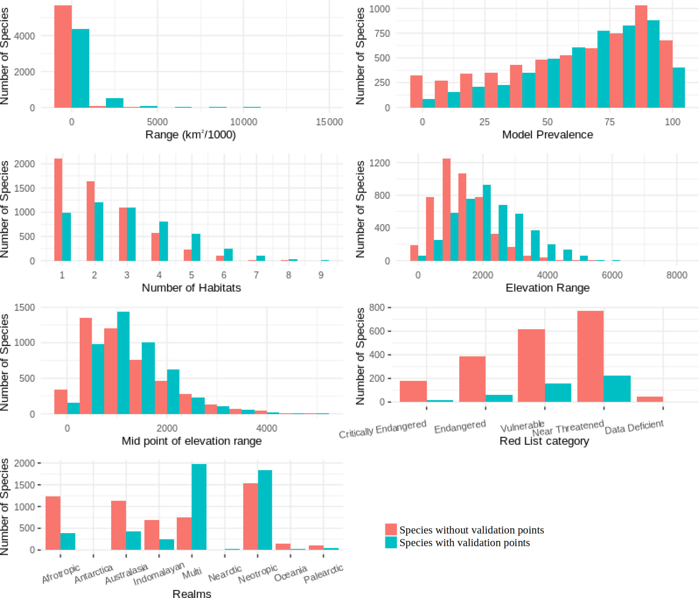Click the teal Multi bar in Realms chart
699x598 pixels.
tap(199, 507)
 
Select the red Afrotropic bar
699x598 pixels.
tap(53, 523)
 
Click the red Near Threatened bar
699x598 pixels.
tap(590, 356)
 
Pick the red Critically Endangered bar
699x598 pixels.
tap(413, 391)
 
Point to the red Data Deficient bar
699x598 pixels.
tap(650, 399)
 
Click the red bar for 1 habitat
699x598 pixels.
tap(58, 209)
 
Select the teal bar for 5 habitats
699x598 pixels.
tap(196, 247)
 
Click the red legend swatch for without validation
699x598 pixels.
tap(391, 529)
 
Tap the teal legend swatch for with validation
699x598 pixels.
tap(391, 542)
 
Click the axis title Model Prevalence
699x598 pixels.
tap(547, 135)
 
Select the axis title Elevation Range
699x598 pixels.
tap(547, 288)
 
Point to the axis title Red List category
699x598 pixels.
tap(544, 441)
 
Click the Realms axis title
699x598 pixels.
tap(192, 594)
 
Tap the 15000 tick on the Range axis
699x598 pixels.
tap(329, 122)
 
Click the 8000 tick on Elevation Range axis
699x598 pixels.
tap(677, 275)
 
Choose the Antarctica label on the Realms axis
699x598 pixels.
tap(93, 574)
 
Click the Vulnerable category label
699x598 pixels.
tap(522, 427)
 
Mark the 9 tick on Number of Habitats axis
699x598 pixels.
tap(321, 275)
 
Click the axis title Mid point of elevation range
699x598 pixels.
tap(192, 441)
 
